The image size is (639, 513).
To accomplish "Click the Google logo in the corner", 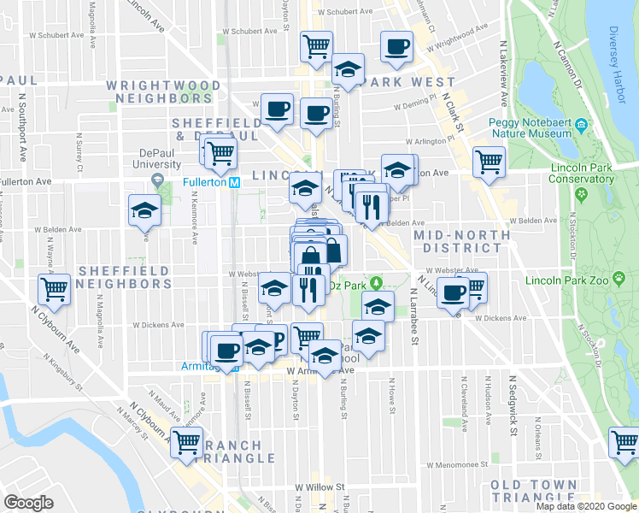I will coord(29,502).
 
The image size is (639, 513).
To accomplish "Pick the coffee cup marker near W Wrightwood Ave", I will coord(396,47).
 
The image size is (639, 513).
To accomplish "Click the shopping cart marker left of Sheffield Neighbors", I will coord(55,289).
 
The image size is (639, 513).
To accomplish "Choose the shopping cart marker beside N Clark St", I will coord(490,161).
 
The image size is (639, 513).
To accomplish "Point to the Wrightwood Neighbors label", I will coord(165,92).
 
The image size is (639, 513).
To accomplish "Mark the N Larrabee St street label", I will coord(413,315).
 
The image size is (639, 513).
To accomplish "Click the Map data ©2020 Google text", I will coord(585,506).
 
